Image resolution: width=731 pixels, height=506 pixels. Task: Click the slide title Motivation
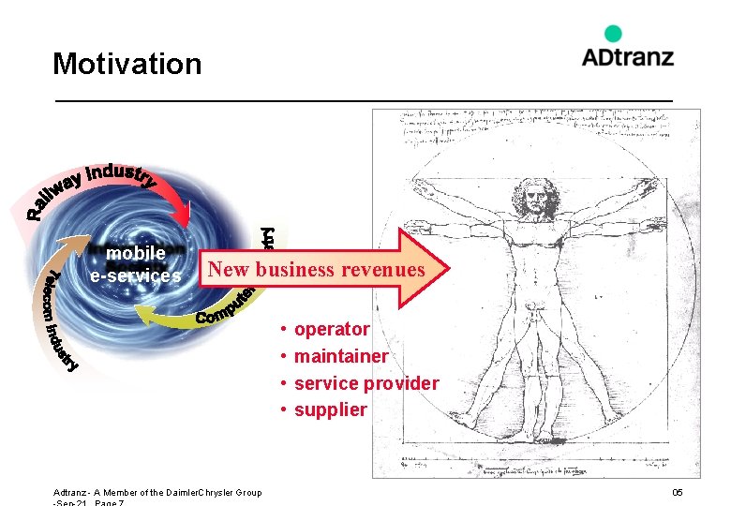(127, 64)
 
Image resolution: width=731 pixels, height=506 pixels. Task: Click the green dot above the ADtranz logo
(613, 34)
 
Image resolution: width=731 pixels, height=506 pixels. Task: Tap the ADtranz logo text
(627, 57)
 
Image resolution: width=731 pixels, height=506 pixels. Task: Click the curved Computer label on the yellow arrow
(225, 308)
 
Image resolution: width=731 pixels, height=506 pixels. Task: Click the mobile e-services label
(136, 264)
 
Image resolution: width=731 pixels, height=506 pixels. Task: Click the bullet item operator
(332, 329)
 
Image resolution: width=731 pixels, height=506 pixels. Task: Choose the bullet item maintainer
(340, 356)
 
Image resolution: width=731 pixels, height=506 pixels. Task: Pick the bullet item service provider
(365, 383)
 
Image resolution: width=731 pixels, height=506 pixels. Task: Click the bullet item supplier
(331, 410)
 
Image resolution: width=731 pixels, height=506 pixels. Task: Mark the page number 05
(678, 493)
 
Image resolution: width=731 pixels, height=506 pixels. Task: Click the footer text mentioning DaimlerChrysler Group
(157, 493)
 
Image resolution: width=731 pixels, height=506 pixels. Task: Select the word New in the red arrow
(230, 270)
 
